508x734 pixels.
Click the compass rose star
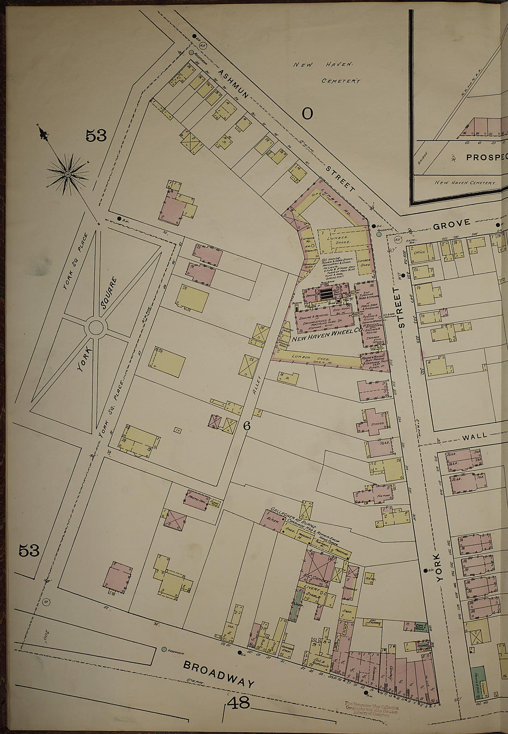coord(68,174)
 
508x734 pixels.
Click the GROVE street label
coord(452,223)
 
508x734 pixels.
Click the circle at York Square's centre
coord(96,327)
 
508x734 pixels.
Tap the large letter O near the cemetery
coord(307,113)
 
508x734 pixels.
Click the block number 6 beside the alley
coord(247,426)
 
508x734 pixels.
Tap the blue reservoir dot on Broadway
coord(164,649)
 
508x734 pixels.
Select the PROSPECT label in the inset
coord(486,157)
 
